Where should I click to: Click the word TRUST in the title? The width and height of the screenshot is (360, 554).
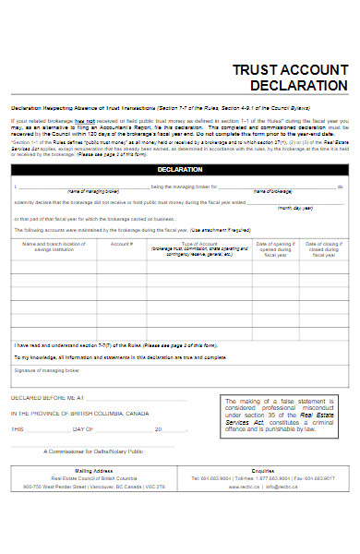tap(256, 68)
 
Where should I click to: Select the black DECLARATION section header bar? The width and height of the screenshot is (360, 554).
tap(180, 170)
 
